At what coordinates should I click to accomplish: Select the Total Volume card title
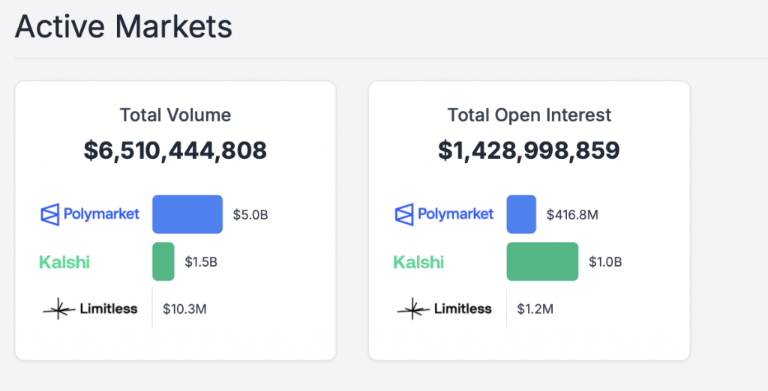[175, 115]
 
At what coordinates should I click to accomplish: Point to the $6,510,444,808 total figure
[175, 151]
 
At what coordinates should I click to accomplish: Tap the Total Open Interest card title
[529, 115]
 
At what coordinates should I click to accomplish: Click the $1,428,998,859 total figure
[529, 151]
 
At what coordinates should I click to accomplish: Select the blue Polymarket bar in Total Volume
[187, 214]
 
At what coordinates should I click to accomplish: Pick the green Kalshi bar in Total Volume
[163, 261]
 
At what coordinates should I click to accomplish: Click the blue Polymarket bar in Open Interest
[521, 214]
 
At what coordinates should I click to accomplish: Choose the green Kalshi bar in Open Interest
[542, 261]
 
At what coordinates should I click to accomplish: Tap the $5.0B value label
[250, 215]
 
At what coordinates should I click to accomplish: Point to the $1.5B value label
[202, 262]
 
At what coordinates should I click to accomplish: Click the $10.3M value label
[184, 309]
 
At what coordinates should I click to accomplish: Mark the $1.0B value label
[605, 262]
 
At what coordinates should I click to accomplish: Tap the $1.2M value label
[535, 309]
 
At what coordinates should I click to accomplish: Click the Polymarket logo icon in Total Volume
[50, 214]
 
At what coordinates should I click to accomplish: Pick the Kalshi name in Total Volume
[64, 262]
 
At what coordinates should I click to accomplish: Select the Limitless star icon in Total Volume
[58, 309]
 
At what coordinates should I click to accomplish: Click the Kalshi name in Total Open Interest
[418, 262]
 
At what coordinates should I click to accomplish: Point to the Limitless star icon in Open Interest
[413, 309]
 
